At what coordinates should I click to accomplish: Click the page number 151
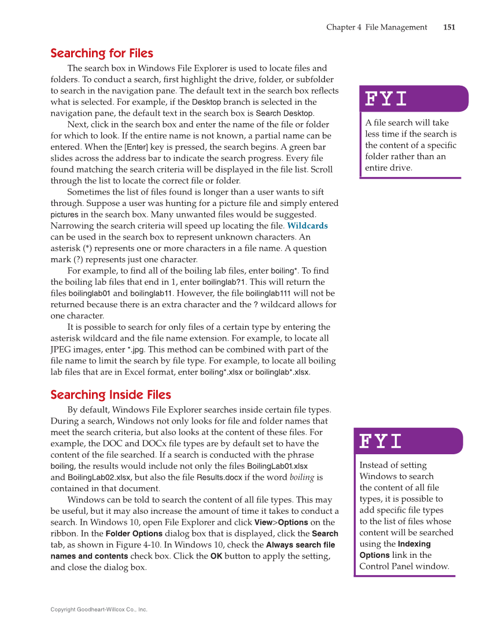pyautogui.click(x=449, y=27)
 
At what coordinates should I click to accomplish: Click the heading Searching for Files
pyautogui.click(x=102, y=53)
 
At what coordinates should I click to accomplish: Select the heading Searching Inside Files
pyautogui.click(x=110, y=395)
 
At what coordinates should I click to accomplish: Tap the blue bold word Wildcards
pyautogui.click(x=307, y=226)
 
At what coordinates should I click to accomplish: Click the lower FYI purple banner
pyautogui.click(x=408, y=442)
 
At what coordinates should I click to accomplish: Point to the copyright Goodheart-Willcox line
pyautogui.click(x=99, y=609)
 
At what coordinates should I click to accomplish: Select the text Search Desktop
pyautogui.click(x=285, y=113)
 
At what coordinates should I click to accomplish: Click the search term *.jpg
pyautogui.click(x=136, y=350)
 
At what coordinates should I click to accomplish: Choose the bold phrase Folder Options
pyautogui.click(x=131, y=534)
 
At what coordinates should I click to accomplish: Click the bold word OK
pyautogui.click(x=216, y=556)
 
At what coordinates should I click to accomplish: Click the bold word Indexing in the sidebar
pyautogui.click(x=414, y=544)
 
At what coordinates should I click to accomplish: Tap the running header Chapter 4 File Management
pyautogui.click(x=376, y=27)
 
